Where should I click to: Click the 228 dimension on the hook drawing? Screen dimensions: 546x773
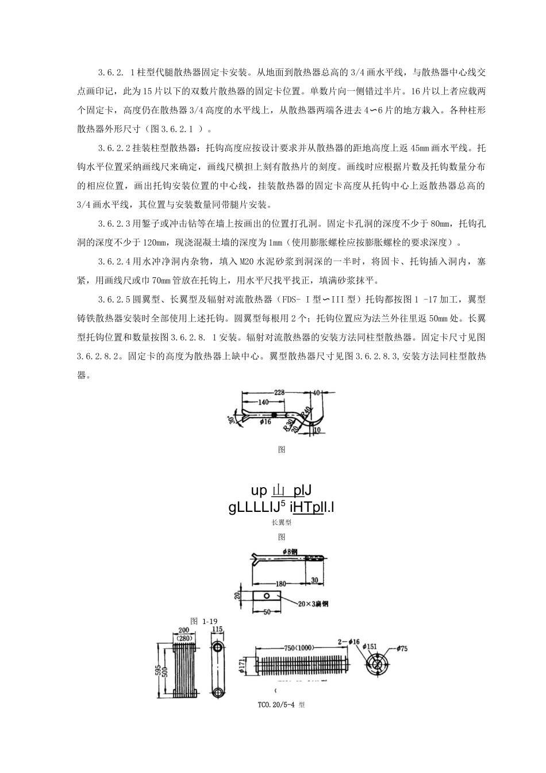pos(279,392)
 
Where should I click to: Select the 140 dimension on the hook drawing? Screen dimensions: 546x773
pos(263,403)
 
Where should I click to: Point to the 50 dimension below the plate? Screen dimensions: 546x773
pos(266,612)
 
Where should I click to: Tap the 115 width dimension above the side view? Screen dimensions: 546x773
pos(217,630)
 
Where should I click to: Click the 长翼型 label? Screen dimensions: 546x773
pos(282,523)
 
